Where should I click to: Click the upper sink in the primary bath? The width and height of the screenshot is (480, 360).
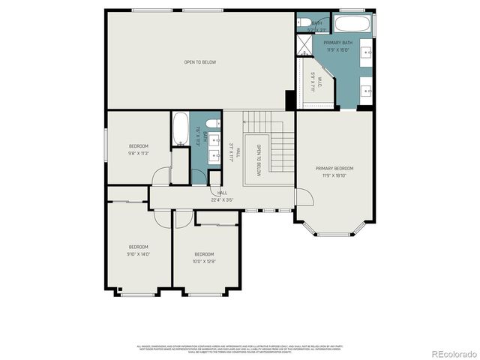[x=367, y=52]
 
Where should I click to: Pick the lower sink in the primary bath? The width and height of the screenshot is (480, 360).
[x=367, y=90]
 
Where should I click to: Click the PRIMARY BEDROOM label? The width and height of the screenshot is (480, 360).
[x=334, y=169]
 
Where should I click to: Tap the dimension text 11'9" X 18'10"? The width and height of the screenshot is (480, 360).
[x=334, y=175]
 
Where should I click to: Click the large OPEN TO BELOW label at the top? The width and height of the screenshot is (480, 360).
[x=200, y=62]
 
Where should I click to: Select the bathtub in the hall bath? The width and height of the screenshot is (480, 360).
[x=181, y=130]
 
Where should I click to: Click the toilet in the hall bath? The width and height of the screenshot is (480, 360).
[x=212, y=123]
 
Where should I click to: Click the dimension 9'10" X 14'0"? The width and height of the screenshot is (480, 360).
[x=138, y=253]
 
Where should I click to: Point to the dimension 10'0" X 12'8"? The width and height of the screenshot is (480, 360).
[x=204, y=261]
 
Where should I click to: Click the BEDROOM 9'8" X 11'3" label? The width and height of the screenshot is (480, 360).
[x=138, y=149]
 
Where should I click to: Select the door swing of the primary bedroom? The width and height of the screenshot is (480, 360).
[x=303, y=197]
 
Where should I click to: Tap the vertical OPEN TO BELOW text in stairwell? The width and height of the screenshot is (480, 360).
[x=258, y=160]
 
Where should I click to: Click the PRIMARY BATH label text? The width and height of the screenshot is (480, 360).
[x=337, y=43]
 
